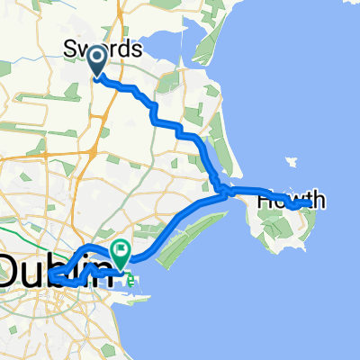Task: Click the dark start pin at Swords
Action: coord(96,59)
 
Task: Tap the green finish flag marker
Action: coord(120,249)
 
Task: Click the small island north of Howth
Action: coord(291,163)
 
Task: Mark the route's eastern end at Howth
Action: coord(310,204)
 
